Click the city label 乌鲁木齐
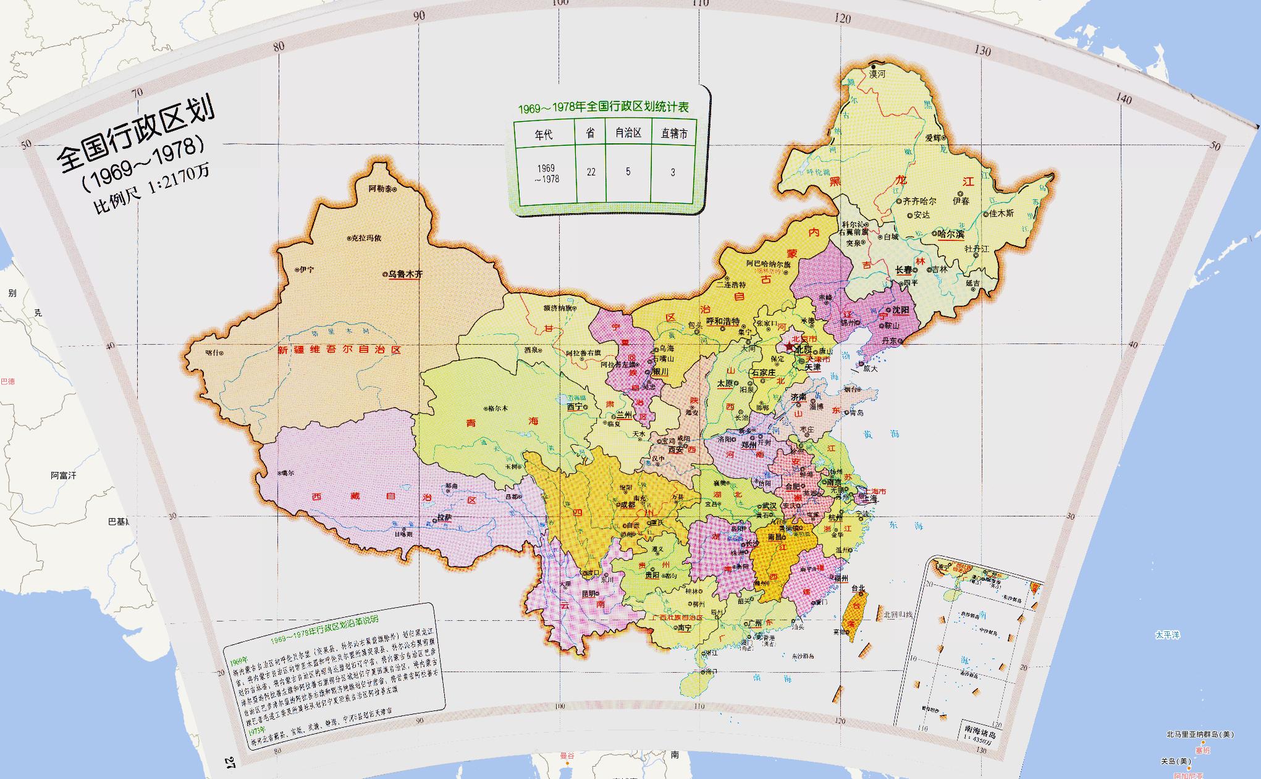[x=405, y=274]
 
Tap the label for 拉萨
[x=445, y=517]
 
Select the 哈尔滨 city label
[x=951, y=234]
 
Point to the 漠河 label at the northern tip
[x=877, y=74]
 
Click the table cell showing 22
[x=591, y=172]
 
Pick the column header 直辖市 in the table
[x=673, y=133]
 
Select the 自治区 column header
[x=628, y=133]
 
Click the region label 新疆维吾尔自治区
[x=340, y=350]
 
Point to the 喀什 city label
[x=211, y=353]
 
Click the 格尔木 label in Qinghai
[x=497, y=408]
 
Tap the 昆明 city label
[x=589, y=594]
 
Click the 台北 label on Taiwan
[x=858, y=588]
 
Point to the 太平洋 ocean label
[x=1167, y=634]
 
